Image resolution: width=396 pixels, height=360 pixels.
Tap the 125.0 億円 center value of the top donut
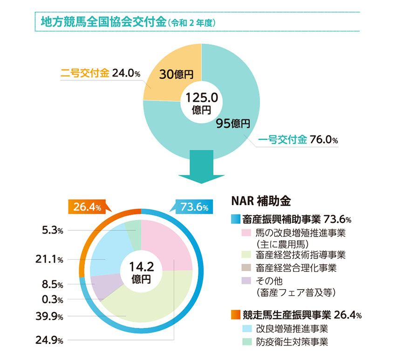tap(201, 103)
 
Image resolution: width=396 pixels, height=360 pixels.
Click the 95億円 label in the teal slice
tap(233, 124)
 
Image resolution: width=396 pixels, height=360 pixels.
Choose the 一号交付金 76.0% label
tap(298, 139)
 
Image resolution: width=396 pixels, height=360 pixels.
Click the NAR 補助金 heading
tap(260, 201)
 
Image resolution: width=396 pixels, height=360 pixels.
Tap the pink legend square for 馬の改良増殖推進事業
tap(246, 232)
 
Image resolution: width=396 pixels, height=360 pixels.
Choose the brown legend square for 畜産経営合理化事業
tap(246, 268)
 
